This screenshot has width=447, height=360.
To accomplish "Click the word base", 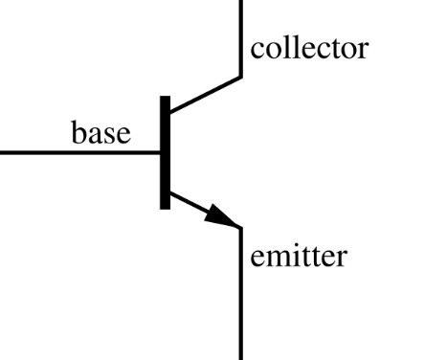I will pos(101,132).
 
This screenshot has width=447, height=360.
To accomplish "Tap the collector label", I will pos(308,47).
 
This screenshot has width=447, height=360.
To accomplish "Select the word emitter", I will pos(298,256).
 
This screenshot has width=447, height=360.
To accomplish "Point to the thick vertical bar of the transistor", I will pos(166,151).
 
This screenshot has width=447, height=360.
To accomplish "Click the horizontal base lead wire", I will pos(77,151).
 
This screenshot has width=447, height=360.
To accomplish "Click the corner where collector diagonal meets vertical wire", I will pos(240,77).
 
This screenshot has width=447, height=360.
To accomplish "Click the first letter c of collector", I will pos(257,49).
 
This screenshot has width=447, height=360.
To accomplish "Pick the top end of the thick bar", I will pos(166,98).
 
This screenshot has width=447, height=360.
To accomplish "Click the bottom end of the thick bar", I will pos(166,206).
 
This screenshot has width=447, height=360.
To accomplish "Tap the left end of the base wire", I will pos(3,151).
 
